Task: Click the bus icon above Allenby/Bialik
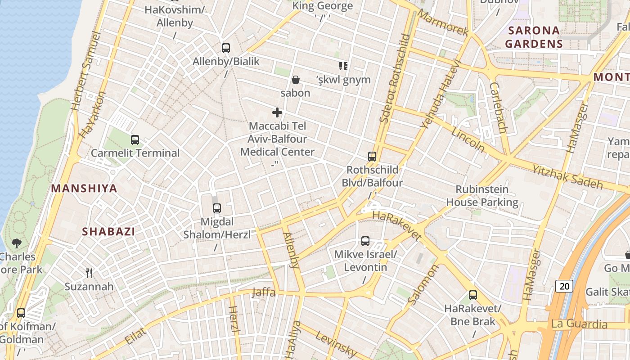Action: point(226,48)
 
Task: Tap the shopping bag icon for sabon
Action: point(296,80)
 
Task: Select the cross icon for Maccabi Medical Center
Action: point(277,112)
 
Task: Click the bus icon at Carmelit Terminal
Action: point(135,140)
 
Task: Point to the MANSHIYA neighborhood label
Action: point(84,189)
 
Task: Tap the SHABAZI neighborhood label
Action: point(108,232)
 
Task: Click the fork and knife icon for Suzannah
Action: point(89,273)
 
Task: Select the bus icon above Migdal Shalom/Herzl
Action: point(217,208)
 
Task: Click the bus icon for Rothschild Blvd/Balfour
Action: point(372,157)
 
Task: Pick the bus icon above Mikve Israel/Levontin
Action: point(365,241)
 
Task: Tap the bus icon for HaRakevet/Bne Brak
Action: point(473,295)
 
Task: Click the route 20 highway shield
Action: point(564,286)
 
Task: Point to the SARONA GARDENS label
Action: point(534,37)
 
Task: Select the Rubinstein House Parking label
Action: point(482,196)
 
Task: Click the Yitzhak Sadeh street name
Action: point(567,177)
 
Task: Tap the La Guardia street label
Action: point(580,324)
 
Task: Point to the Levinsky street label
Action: point(336,343)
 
